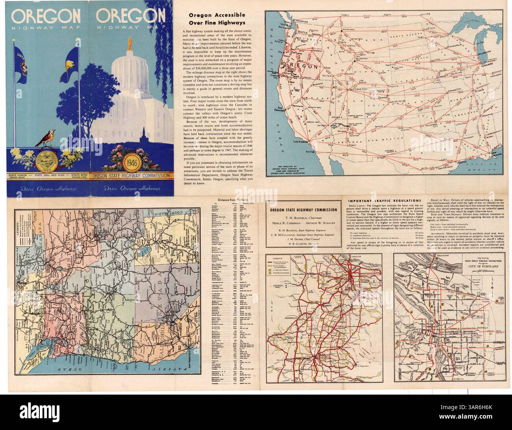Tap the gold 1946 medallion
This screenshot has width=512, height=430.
tap(130, 162)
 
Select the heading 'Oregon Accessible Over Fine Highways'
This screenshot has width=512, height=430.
tap(217, 19)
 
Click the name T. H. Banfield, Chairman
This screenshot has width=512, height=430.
tap(302, 217)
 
